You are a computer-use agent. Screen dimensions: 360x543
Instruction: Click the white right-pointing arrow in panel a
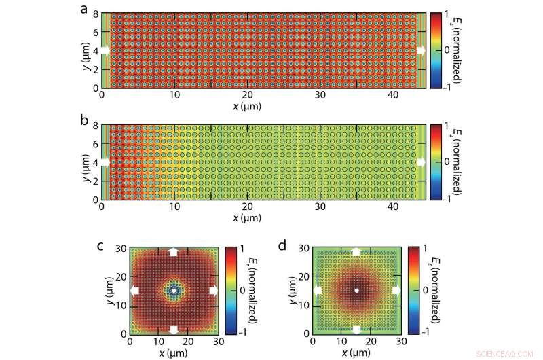pos(420,50)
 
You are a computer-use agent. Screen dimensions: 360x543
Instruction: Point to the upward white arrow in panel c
pos(174,251)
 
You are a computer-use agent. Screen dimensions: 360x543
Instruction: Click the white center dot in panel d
pos(356,291)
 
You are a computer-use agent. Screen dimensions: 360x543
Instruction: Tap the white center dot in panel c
pos(174,291)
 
